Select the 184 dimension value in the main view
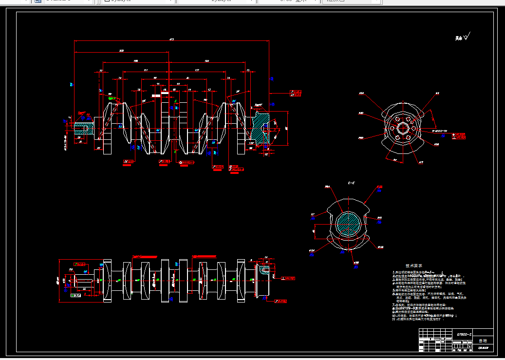206,61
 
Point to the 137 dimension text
197,71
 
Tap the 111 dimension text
145,71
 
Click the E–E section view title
351,183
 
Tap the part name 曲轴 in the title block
482,341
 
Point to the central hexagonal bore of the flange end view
402,128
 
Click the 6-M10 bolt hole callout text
441,131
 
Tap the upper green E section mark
175,101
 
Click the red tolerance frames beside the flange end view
460,135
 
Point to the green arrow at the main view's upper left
113,98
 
